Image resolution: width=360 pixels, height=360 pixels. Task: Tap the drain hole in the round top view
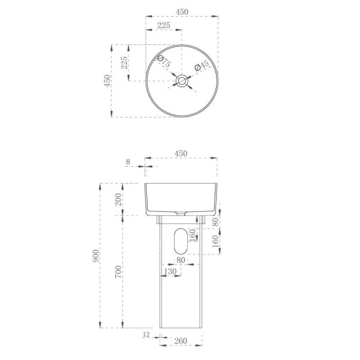click(182, 80)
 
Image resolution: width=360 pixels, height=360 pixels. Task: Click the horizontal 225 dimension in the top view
click(164, 25)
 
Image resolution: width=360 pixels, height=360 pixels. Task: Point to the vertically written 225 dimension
click(124, 62)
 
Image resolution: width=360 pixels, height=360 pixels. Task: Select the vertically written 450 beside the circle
click(107, 80)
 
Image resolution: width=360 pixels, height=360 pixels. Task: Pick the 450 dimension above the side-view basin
click(182, 154)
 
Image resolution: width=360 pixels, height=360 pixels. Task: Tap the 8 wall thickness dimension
click(128, 161)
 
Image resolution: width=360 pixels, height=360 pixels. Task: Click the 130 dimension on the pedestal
click(170, 271)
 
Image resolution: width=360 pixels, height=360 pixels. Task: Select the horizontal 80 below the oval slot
click(181, 260)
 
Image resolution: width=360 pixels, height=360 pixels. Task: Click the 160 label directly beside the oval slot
click(193, 236)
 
